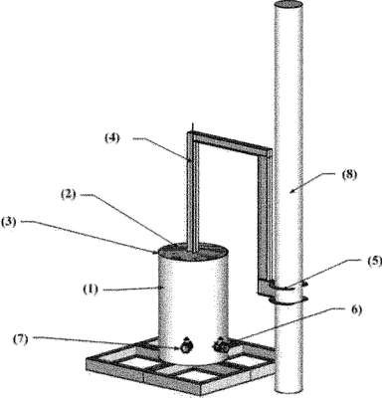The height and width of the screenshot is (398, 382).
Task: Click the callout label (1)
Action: [x=91, y=290]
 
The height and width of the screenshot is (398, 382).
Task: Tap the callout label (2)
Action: [x=69, y=195]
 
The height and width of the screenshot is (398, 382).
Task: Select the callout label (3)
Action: [x=8, y=222]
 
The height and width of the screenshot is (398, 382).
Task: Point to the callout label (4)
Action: [x=112, y=138]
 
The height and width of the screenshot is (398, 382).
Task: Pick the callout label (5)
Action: [x=373, y=262]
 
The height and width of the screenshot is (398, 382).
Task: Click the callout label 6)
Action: [x=355, y=310]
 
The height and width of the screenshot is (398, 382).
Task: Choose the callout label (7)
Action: [x=21, y=339]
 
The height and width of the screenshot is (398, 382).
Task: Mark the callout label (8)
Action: [x=349, y=174]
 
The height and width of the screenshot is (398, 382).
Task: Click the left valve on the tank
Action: [x=185, y=346]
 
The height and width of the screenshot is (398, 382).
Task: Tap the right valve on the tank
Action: [x=221, y=346]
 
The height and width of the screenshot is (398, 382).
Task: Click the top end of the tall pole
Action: [x=288, y=6]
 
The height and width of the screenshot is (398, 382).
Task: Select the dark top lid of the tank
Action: [x=193, y=253]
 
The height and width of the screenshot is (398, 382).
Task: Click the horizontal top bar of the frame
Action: [x=230, y=140]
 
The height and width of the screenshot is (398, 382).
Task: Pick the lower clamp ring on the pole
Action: [x=287, y=300]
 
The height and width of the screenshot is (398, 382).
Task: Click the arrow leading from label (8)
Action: [x=310, y=182]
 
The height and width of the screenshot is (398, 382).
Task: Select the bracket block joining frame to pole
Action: [x=266, y=288]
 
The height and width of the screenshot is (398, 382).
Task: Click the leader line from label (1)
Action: [x=132, y=290]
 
